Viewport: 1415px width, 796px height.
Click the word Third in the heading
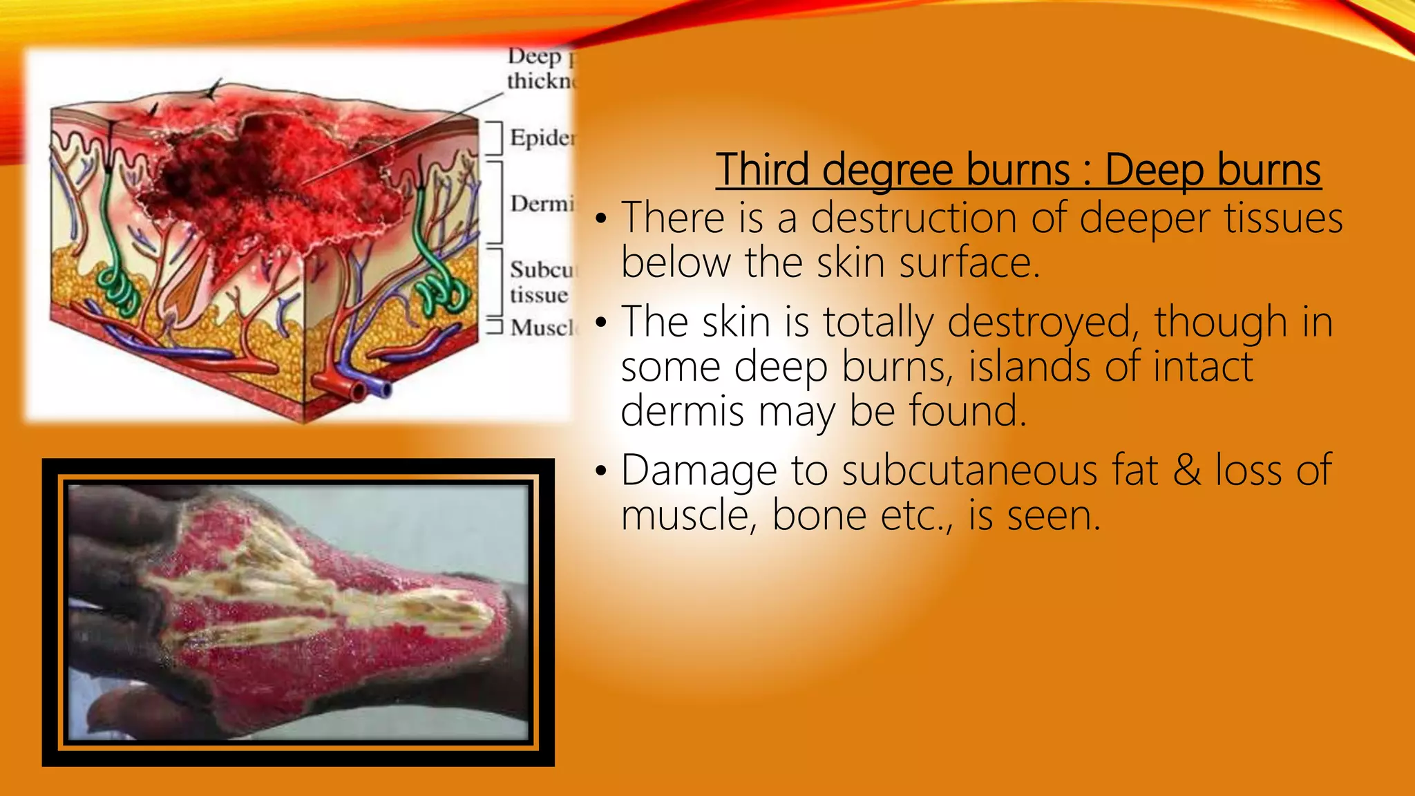[x=763, y=170]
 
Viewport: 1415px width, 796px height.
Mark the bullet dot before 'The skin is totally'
[x=601, y=323]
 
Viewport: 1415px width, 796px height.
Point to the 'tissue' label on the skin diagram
[x=539, y=295]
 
